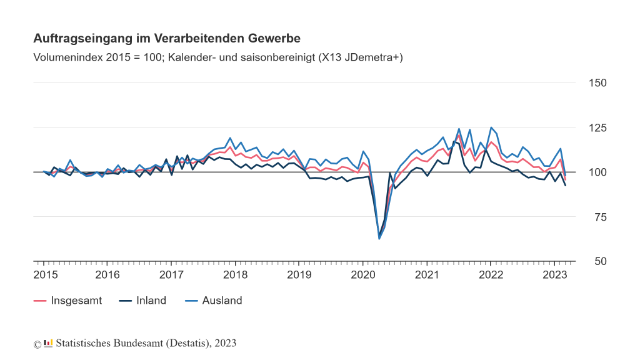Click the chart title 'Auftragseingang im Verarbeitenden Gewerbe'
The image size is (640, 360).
click(x=167, y=39)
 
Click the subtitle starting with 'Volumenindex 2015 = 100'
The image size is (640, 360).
click(x=218, y=57)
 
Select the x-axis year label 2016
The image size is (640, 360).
click(x=107, y=275)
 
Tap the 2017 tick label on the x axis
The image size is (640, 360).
click(x=171, y=275)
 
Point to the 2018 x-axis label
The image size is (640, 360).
click(x=236, y=275)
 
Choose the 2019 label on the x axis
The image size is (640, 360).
click(x=299, y=275)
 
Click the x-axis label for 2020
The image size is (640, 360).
click(x=363, y=275)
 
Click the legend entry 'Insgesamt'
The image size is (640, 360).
click(x=76, y=301)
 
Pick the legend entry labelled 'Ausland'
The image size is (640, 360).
click(x=222, y=301)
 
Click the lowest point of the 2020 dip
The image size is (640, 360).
click(x=379, y=239)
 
